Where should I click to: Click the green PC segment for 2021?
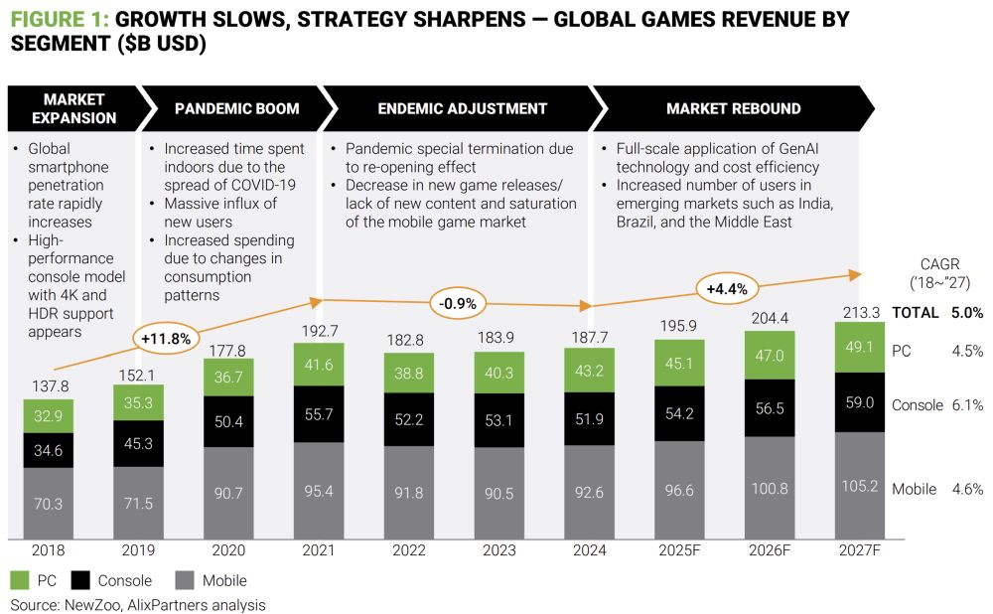click(x=319, y=366)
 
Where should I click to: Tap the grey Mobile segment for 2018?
click(x=49, y=504)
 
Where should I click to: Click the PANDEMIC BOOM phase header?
click(x=236, y=108)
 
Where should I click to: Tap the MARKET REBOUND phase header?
click(x=733, y=108)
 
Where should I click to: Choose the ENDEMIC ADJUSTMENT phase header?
click(x=462, y=108)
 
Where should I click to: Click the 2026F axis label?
click(x=770, y=549)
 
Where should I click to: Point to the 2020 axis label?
click(x=228, y=549)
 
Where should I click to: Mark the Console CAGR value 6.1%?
click(x=966, y=405)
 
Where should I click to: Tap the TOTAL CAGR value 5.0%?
click(x=965, y=312)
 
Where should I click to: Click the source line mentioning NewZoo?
click(x=138, y=604)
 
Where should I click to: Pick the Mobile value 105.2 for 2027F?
click(x=859, y=488)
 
